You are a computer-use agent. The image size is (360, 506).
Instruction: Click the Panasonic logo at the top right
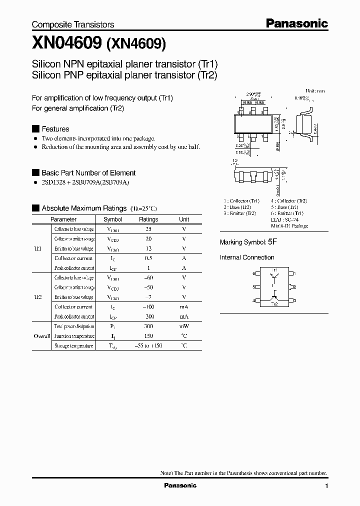coord(296,23)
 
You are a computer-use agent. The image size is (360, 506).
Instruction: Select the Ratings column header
coord(148,219)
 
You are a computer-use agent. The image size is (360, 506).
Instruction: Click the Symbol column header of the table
coord(113,219)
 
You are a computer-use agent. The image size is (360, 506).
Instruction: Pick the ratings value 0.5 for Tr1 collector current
coord(148,258)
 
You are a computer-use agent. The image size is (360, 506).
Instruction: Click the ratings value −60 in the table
coord(148,277)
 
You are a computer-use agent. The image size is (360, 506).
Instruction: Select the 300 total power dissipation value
coord(148,326)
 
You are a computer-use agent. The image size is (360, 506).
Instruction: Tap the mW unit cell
coord(184,326)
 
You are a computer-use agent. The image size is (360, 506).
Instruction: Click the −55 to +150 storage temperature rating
coord(148,345)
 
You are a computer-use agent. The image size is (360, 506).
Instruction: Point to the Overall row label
coord(41,336)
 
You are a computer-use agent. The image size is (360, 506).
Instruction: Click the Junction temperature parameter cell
coord(73,336)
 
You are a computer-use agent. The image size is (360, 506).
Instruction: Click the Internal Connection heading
coord(247,257)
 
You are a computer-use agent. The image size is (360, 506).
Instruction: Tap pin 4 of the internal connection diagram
coord(254,300)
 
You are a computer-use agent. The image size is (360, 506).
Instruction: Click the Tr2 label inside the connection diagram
coord(274,304)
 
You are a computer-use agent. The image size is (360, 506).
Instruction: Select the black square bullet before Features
coord(35,128)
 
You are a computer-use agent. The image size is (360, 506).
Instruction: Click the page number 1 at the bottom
coord(326,486)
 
